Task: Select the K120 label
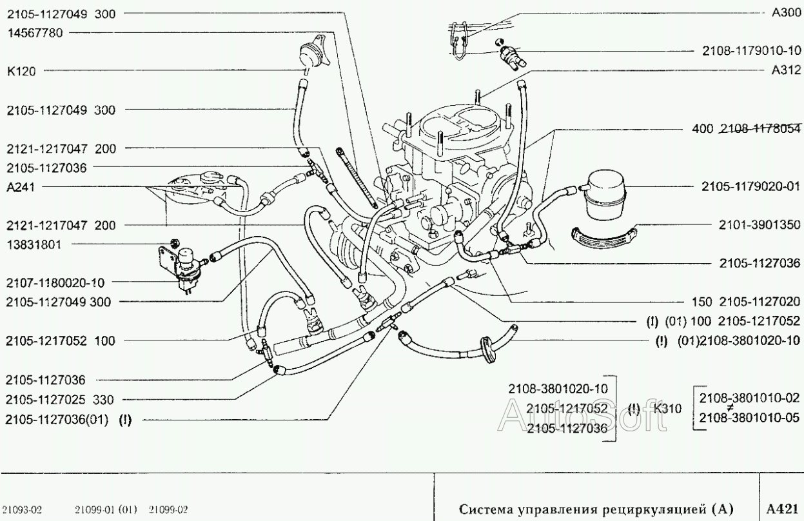coord(21,72)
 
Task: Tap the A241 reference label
coord(21,187)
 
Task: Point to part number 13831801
coord(35,244)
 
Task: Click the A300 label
coord(785,12)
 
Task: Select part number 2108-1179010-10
coord(750,51)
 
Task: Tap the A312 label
coord(785,72)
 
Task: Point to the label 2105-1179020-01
coord(750,187)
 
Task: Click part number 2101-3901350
coord(759,225)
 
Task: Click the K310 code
coord(667,408)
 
